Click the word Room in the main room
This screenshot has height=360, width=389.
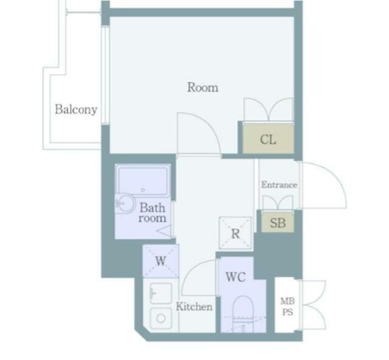pyautogui.click(x=202, y=87)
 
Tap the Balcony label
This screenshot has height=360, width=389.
pyautogui.click(x=76, y=109)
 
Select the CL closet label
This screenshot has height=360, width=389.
pyautogui.click(x=268, y=140)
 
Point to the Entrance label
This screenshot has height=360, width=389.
pyautogui.click(x=279, y=185)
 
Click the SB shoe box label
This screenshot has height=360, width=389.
pyautogui.click(x=278, y=223)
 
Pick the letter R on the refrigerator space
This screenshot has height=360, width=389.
pyautogui.click(x=235, y=233)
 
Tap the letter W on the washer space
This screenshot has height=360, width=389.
pyautogui.click(x=160, y=261)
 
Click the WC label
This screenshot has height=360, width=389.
pyautogui.click(x=236, y=277)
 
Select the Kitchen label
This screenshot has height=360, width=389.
pyautogui.click(x=194, y=307)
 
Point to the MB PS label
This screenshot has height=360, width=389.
pyautogui.click(x=287, y=307)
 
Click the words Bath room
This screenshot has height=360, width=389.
pyautogui.click(x=152, y=212)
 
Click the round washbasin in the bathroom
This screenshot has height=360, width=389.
pyautogui.click(x=126, y=203)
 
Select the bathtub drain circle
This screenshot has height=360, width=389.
pyautogui.click(x=143, y=190)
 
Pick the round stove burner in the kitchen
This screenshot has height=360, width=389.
pyautogui.click(x=160, y=318)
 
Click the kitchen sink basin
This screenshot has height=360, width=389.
pyautogui.click(x=160, y=293)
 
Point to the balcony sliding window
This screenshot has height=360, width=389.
pyautogui.click(x=105, y=75)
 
